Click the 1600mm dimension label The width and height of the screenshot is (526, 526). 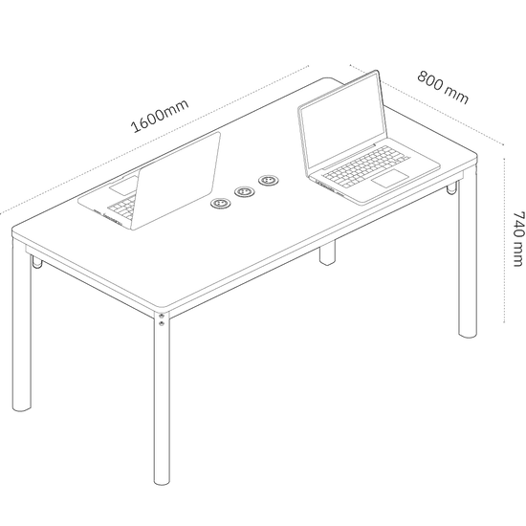click(160, 116)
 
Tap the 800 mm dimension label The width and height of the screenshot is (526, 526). click(443, 87)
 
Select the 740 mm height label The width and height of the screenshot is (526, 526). click(518, 238)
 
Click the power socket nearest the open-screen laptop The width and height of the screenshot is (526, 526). click(269, 181)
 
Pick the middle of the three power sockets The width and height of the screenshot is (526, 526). click(245, 192)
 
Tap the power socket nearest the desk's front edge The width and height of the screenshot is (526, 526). click(220, 204)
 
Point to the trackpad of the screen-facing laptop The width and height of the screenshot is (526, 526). click(390, 178)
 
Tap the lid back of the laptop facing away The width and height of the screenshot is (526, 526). click(175, 181)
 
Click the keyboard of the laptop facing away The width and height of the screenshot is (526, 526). click(121, 207)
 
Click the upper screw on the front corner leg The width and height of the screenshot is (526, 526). click(162, 316)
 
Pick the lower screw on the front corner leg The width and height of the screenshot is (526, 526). click(162, 323)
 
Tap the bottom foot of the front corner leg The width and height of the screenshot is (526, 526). click(162, 482)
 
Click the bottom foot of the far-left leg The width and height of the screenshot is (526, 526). click(22, 408)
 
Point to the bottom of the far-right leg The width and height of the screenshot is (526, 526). click(468, 334)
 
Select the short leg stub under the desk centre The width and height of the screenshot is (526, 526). click(327, 252)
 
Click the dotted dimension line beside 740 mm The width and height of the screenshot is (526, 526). click(504, 240)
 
